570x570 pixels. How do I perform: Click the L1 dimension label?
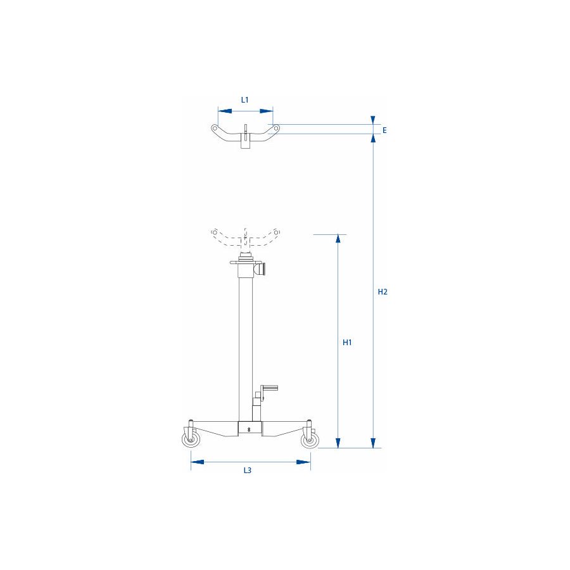[245, 99]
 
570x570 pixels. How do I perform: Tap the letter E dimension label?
[384, 130]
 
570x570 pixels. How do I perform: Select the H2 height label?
[382, 292]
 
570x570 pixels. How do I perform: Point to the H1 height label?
[346, 343]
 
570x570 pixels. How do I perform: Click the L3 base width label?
[248, 471]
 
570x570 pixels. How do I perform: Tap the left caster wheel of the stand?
[189, 441]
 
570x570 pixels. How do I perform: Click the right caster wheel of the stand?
[309, 441]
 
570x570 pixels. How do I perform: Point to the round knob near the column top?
[263, 269]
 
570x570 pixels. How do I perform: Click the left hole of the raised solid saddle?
[215, 129]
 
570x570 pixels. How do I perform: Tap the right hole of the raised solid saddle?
[276, 129]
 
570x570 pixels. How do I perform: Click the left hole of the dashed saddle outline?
[215, 231]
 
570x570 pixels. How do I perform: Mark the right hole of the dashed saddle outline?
[276, 231]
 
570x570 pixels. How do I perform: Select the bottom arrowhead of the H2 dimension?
[374, 443]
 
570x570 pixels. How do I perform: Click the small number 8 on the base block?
[250, 429]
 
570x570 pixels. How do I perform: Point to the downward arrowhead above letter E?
[374, 120]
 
